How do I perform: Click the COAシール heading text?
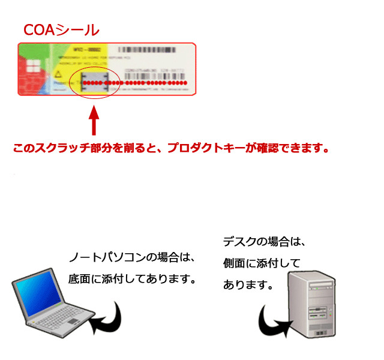point(61,29)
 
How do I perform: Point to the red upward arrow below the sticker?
point(93,121)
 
